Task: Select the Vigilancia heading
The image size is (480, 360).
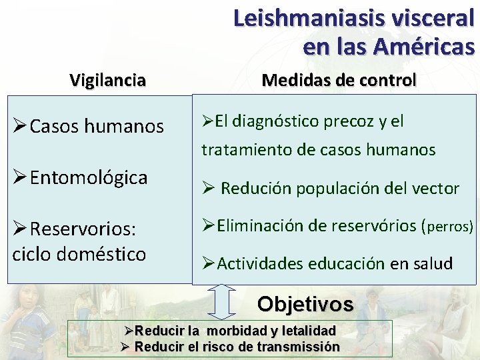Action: tap(107, 81)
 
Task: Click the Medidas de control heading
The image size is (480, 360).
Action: tap(339, 80)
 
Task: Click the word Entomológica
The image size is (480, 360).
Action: tap(89, 177)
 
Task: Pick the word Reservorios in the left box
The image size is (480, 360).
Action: tap(83, 229)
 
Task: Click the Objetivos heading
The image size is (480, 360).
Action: tap(305, 304)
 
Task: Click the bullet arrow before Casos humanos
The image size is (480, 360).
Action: tap(19, 127)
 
